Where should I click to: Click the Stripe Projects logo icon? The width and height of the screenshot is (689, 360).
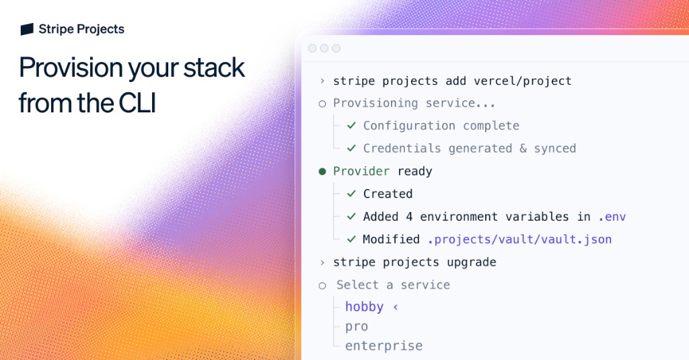pos(27,29)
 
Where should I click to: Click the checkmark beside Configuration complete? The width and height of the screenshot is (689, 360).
pos(351,125)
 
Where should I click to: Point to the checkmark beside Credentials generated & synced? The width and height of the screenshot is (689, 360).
pos(351,148)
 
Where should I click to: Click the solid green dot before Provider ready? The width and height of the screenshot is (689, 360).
pos(322,172)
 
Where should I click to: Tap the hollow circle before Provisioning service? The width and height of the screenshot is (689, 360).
pos(322,104)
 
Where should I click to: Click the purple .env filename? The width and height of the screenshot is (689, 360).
pos(612,217)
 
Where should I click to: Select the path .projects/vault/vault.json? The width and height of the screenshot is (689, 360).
pos(519,240)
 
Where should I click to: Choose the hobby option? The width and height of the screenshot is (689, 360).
pos(364,307)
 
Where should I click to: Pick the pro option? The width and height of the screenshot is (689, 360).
pos(357,326)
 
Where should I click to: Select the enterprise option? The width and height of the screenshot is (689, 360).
pos(384,346)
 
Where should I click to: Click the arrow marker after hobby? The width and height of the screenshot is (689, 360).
pos(396,307)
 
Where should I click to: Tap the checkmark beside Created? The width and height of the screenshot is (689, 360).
pos(351,194)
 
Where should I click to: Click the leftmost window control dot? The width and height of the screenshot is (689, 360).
pos(312,48)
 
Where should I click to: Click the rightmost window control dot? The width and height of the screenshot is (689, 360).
pos(336,48)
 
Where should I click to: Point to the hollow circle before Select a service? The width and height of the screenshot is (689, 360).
pos(322,285)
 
